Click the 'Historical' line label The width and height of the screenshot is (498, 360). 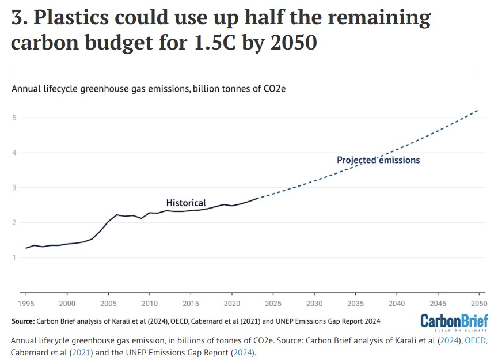[x=186, y=203]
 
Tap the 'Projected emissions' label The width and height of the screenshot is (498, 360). [x=378, y=160]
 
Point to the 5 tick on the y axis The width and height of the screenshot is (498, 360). [x=13, y=118]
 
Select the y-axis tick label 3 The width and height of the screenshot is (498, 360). [x=13, y=188]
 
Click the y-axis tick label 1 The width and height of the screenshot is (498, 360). [x=13, y=257]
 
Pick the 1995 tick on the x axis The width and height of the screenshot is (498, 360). [x=26, y=303]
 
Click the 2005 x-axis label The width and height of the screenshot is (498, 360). [x=108, y=303]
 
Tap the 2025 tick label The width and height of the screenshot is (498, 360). [x=273, y=303]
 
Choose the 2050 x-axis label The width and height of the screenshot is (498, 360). [x=478, y=303]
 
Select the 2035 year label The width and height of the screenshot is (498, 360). [x=355, y=303]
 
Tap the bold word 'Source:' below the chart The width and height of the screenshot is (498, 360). [x=22, y=320]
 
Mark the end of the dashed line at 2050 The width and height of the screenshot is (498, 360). [x=478, y=110]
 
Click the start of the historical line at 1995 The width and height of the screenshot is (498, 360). [x=26, y=248]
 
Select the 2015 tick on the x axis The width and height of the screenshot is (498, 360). [x=191, y=303]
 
